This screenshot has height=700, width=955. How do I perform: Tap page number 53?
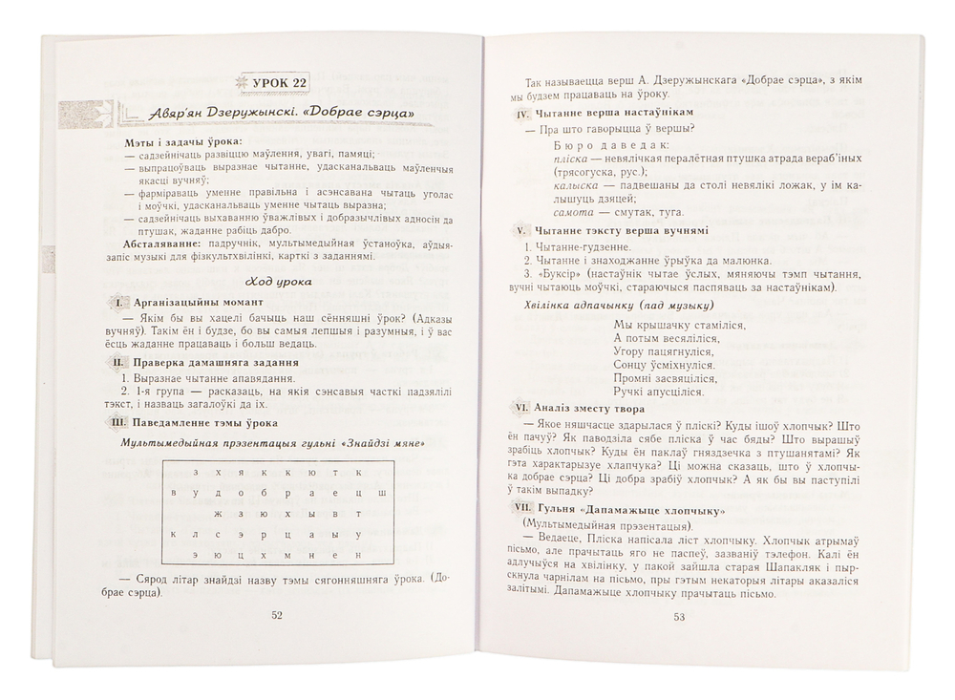click(x=680, y=616)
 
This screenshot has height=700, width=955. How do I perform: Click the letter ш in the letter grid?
click(x=381, y=492)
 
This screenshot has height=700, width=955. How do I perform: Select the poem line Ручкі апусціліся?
click(x=660, y=392)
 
